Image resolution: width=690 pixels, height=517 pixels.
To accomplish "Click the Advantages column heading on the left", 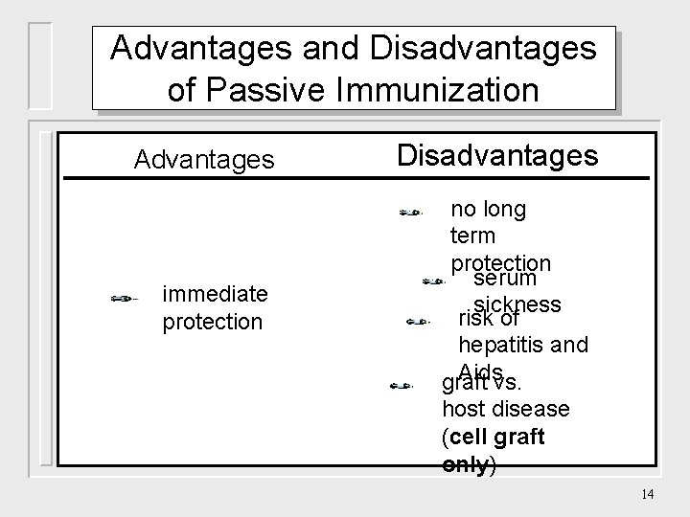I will [204, 159].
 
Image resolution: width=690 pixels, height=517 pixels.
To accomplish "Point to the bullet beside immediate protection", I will [126, 300].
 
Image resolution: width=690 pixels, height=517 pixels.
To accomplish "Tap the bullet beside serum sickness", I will [433, 281].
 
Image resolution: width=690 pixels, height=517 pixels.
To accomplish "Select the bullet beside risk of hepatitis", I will [419, 323].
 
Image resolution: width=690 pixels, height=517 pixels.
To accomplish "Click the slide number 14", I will [647, 494].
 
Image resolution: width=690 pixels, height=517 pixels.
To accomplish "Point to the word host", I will [463, 410].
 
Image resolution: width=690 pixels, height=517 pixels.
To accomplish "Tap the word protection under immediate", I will [212, 322].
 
